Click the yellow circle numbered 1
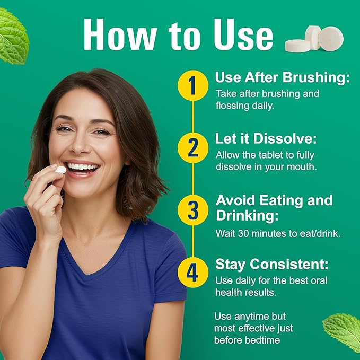tap(193, 85)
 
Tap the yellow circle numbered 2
tap(193, 148)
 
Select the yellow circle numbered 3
tap(193, 210)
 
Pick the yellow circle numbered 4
tap(193, 273)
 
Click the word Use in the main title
tap(243, 35)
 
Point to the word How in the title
tap(120, 34)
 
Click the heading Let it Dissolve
tap(266, 139)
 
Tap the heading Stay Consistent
tap(272, 264)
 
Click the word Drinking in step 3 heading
tap(247, 216)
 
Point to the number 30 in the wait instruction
tap(243, 233)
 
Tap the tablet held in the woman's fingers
tap(61, 170)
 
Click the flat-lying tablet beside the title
tap(297, 46)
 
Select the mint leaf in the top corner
tap(14, 37)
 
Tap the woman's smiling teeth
tap(82, 166)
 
